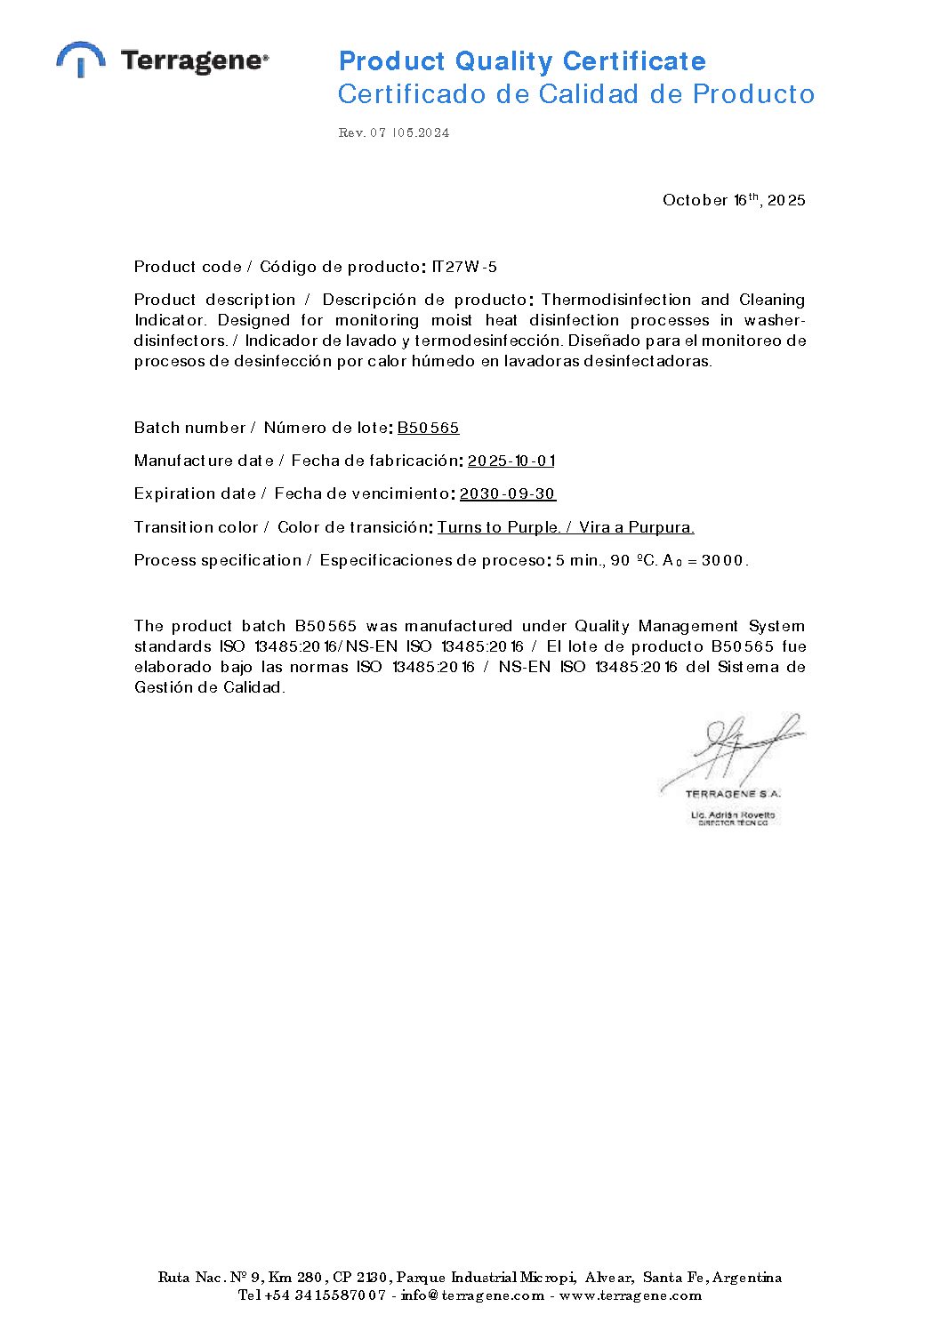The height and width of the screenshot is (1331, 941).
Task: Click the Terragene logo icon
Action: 81,59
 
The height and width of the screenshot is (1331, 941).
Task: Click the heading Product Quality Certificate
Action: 522,61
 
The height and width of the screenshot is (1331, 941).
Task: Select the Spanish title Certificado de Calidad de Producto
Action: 575,94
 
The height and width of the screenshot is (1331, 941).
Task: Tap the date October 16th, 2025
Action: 734,200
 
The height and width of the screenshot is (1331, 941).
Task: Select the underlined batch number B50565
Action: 428,428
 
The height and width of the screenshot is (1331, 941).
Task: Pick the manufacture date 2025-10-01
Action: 511,461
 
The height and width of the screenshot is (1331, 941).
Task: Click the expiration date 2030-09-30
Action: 508,493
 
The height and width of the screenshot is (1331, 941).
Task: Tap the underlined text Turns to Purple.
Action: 499,527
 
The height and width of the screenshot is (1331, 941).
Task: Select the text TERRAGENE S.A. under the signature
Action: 733,793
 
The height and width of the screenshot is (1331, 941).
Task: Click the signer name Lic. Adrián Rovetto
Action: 733,814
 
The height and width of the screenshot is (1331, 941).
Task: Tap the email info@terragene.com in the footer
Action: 472,1295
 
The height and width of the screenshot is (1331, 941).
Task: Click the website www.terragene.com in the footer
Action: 631,1295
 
